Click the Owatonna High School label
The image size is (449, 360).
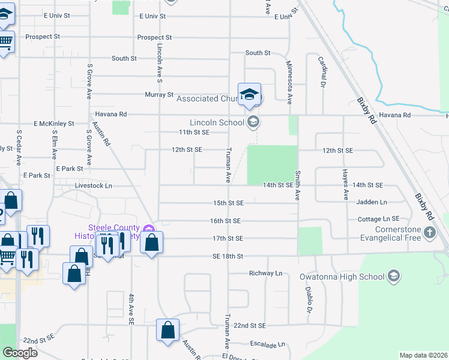pyautogui.click(x=342, y=277)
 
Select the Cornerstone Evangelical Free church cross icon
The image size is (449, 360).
pyautogui.click(x=429, y=232)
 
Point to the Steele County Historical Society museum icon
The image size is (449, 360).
pyautogui.click(x=150, y=229)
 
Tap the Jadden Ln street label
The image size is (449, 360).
pyautogui.click(x=372, y=202)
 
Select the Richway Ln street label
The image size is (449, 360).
pyautogui.click(x=266, y=274)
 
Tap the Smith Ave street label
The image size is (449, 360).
pyautogui.click(x=297, y=185)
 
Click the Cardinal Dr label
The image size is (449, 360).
pyautogui.click(x=322, y=70)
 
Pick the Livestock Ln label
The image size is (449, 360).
pyautogui.click(x=93, y=186)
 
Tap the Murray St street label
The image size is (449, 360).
pyautogui.click(x=159, y=95)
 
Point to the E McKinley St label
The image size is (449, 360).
pyautogui.click(x=54, y=124)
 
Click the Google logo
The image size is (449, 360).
pyautogui.click(x=19, y=353)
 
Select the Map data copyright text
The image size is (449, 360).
pyautogui.click(x=423, y=355)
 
